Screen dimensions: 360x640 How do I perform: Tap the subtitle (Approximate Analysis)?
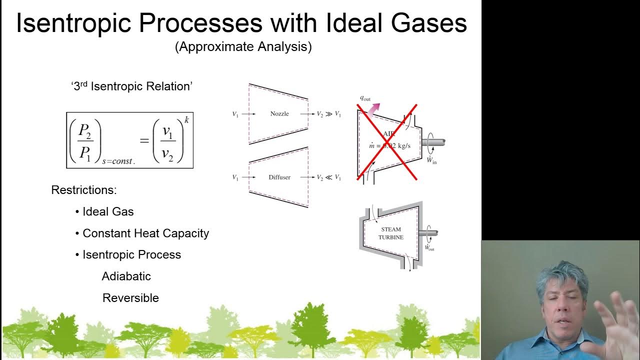click(x=243, y=47)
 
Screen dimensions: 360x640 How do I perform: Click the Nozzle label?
click(x=279, y=114)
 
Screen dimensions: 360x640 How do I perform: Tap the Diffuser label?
click(x=279, y=177)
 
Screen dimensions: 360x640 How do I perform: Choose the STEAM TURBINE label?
click(x=390, y=233)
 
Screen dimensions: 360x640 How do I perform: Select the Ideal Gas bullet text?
click(x=108, y=211)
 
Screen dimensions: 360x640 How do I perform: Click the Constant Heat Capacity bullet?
click(x=145, y=233)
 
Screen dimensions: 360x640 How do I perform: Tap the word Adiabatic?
click(x=126, y=276)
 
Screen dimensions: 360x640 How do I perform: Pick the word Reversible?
click(x=130, y=298)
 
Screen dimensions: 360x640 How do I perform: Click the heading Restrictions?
click(x=84, y=190)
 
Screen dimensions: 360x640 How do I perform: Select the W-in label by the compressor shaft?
click(x=431, y=160)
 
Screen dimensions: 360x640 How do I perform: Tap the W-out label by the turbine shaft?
click(x=429, y=247)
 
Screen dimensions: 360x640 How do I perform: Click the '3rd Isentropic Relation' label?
click(x=131, y=86)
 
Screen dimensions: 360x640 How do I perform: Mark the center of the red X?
click(x=387, y=142)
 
